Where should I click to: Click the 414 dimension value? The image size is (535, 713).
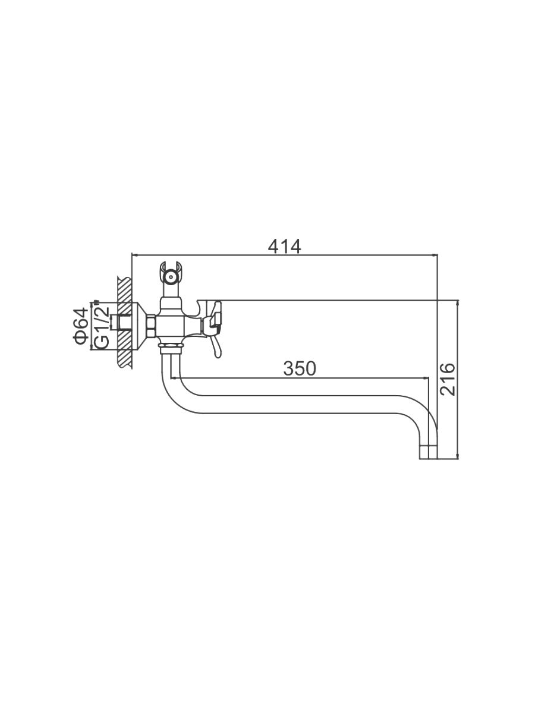285,247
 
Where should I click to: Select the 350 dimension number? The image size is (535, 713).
300,369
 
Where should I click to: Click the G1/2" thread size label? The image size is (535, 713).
102,325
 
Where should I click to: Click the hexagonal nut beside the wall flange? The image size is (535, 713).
152,325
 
